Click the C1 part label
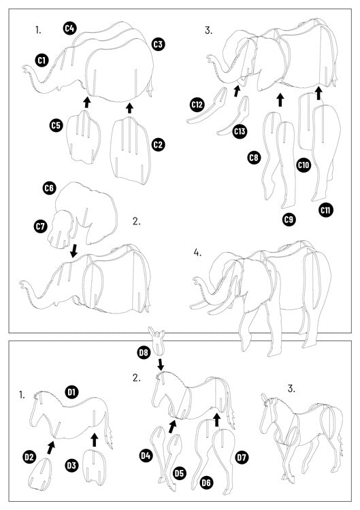42,61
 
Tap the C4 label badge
69,28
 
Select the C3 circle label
159,44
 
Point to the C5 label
56,125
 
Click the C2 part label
159,144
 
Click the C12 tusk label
197,105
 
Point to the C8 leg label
254,158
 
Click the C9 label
290,219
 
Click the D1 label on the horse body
71,391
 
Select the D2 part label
29,457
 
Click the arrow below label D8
161,366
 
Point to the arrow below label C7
73,251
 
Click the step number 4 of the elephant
197,252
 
